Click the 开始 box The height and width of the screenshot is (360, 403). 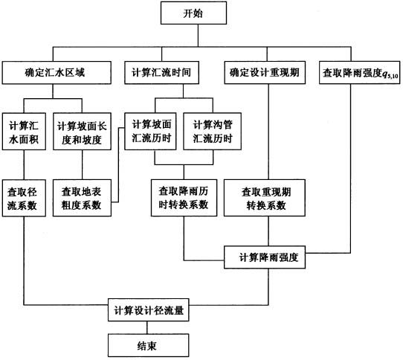click(x=193, y=13)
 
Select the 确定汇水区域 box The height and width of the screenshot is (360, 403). click(x=57, y=72)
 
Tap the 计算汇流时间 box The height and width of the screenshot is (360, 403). click(x=161, y=72)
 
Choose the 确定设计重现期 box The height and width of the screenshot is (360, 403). click(x=265, y=72)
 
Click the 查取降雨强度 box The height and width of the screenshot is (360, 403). click(x=360, y=72)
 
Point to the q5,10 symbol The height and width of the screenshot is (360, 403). click(x=390, y=74)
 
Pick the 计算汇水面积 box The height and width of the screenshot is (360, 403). click(x=24, y=132)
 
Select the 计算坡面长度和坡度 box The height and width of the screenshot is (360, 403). click(x=82, y=132)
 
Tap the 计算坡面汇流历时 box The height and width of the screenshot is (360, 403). click(x=150, y=132)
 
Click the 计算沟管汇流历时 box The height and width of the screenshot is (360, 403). click(x=213, y=132)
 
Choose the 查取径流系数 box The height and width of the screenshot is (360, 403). click(x=24, y=198)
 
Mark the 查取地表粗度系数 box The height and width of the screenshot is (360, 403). click(x=82, y=198)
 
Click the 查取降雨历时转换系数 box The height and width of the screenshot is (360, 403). click(x=184, y=198)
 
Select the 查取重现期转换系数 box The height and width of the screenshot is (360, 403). click(x=265, y=198)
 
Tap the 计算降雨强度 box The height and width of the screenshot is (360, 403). click(x=265, y=257)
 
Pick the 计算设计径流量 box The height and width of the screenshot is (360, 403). click(x=149, y=310)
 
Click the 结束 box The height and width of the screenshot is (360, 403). click(x=149, y=345)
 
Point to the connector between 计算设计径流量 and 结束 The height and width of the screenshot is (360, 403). click(x=147, y=327)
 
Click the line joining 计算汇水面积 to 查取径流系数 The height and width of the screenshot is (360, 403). click(x=24, y=165)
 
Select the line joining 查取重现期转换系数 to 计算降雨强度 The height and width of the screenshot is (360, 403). click(x=268, y=231)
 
